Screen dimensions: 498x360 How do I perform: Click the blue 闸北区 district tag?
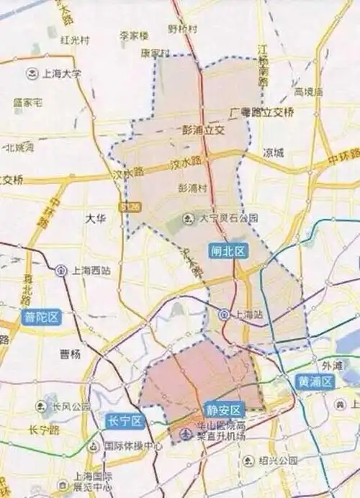[228, 251]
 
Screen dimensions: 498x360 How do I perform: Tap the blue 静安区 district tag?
[221, 407]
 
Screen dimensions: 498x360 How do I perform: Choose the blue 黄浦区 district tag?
[315, 382]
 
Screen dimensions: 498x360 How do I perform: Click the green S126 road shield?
[130, 207]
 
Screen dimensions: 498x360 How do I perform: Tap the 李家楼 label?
[133, 35]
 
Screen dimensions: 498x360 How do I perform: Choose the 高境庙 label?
[308, 92]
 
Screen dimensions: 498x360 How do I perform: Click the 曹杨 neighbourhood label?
[69, 353]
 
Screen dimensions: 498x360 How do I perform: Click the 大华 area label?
[95, 218]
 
